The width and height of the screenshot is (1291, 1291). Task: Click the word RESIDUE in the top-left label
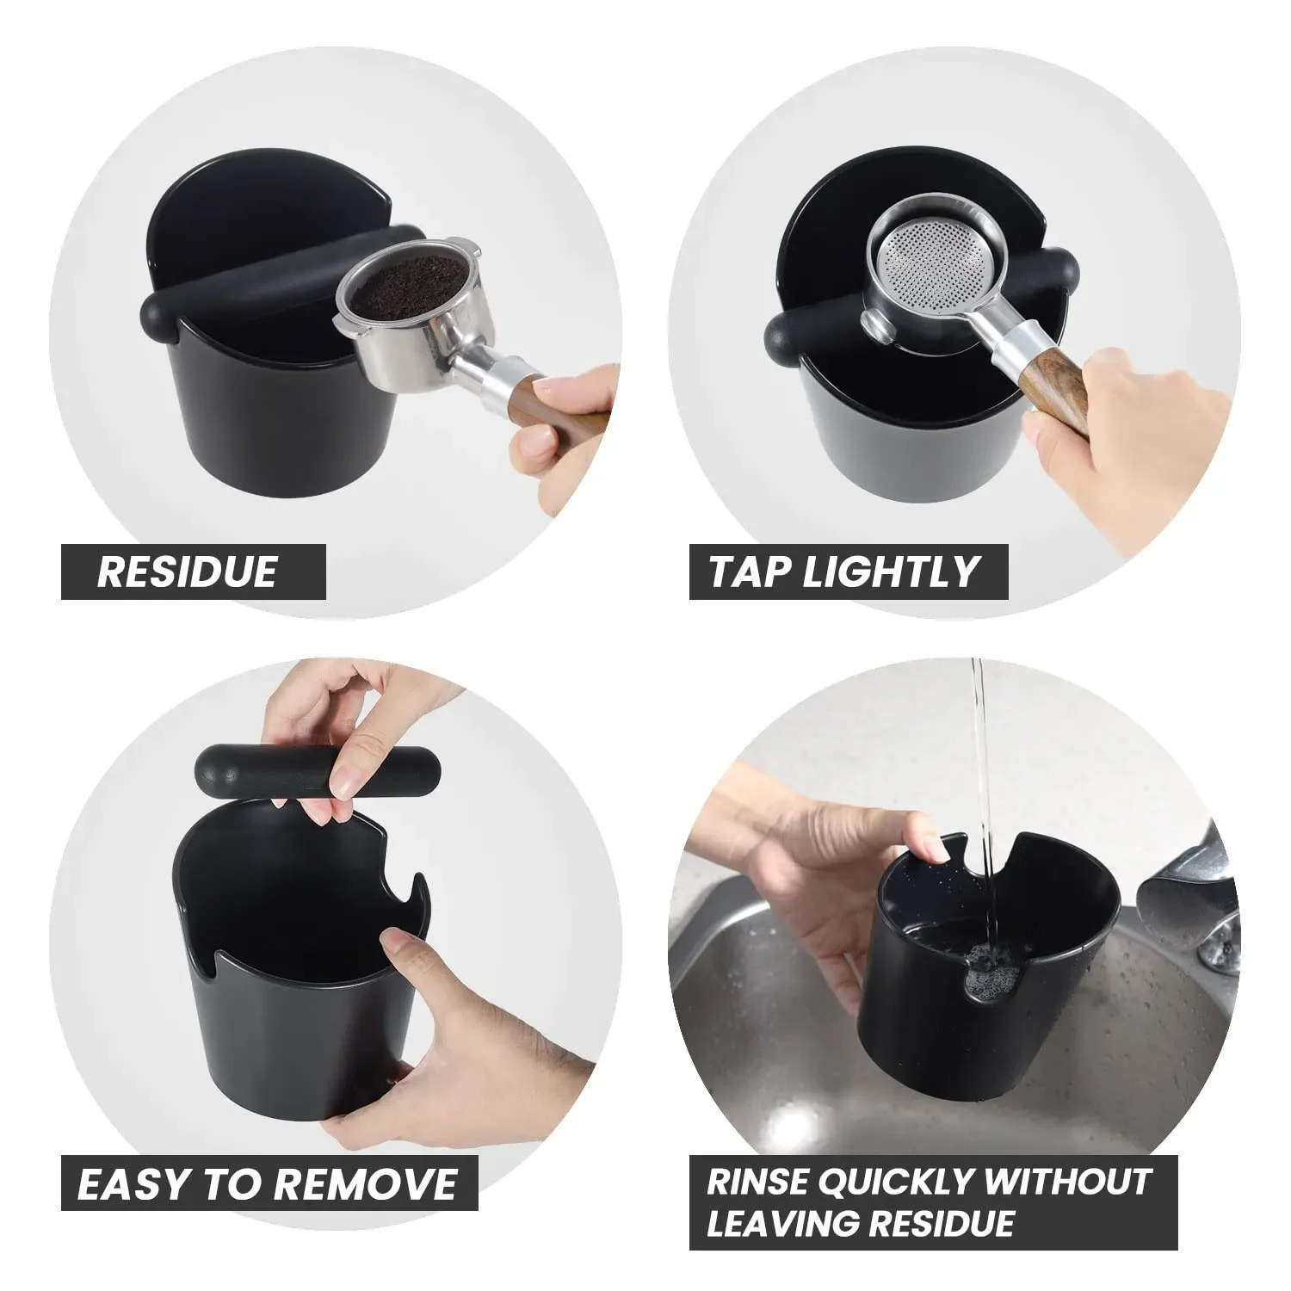(187, 571)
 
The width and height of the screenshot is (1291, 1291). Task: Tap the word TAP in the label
(747, 571)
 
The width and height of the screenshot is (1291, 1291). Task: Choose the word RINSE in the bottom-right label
(755, 1182)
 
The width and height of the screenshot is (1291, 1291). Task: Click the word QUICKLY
(894, 1182)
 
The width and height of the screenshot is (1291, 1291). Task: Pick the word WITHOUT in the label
(1068, 1182)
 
